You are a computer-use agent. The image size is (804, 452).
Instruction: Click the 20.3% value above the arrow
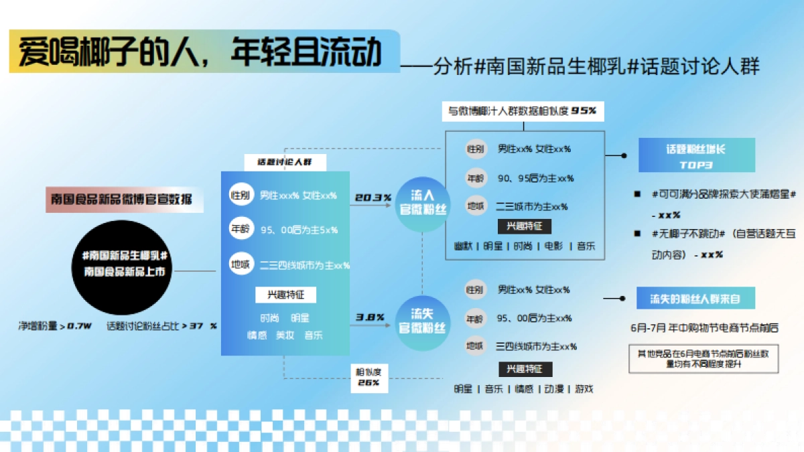click(373, 198)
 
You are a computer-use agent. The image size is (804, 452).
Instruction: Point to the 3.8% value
click(370, 317)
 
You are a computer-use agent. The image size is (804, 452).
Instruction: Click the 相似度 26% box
click(368, 377)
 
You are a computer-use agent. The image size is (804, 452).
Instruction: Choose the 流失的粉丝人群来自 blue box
click(696, 298)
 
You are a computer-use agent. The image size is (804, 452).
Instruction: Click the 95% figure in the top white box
click(584, 110)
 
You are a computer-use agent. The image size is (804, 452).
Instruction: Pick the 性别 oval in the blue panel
click(240, 196)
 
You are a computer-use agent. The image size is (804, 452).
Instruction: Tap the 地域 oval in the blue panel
click(240, 265)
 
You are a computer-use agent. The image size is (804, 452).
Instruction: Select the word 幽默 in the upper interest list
click(464, 246)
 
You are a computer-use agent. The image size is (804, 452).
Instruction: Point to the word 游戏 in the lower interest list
click(584, 388)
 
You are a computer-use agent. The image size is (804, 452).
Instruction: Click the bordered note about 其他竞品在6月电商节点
click(703, 358)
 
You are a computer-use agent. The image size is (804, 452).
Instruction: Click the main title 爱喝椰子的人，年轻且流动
click(201, 52)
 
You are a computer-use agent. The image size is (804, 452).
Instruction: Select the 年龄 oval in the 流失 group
click(474, 318)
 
